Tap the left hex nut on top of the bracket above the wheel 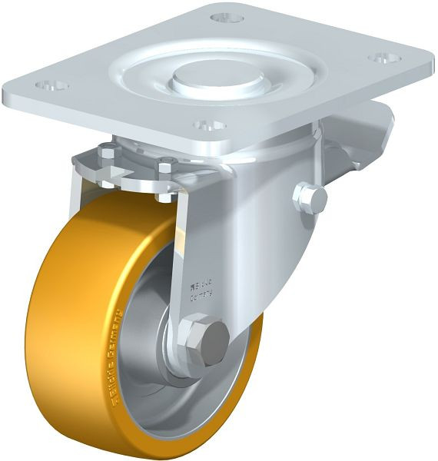click(x=108, y=156)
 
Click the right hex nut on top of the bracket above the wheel click(x=165, y=164)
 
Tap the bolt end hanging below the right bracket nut click(x=164, y=197)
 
